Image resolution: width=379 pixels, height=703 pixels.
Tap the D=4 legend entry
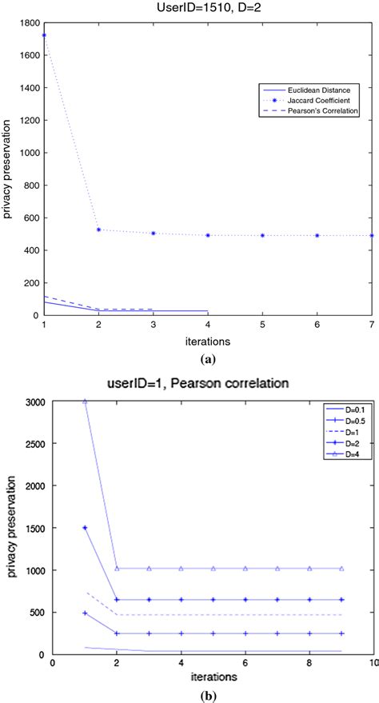click(340, 453)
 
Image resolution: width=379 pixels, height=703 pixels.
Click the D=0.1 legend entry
click(340, 409)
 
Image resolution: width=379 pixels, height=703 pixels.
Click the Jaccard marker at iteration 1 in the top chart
click(44, 35)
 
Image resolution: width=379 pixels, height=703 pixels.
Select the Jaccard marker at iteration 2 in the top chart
click(98, 207)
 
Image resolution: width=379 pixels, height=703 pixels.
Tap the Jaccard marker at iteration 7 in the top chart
click(372, 213)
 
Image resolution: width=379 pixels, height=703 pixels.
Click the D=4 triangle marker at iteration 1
click(85, 401)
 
